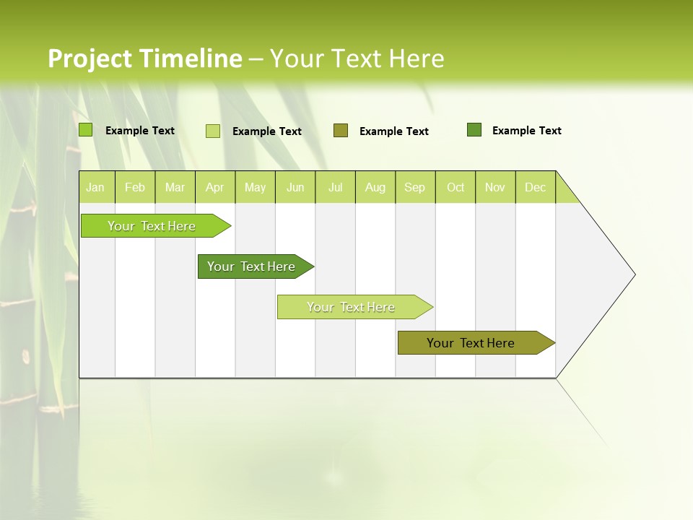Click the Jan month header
pyautogui.click(x=96, y=187)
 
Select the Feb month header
pyautogui.click(x=135, y=187)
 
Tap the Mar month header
pyautogui.click(x=175, y=187)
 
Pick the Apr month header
pyautogui.click(x=215, y=187)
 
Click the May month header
pyautogui.click(x=255, y=187)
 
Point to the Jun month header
pyautogui.click(x=295, y=187)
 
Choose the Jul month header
pyautogui.click(x=335, y=187)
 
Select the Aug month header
pyautogui.click(x=375, y=187)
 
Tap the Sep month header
pyautogui.click(x=415, y=187)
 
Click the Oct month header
pyautogui.click(x=456, y=187)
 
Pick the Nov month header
pyautogui.click(x=495, y=187)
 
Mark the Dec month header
pyautogui.click(x=535, y=187)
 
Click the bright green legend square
pyautogui.click(x=86, y=130)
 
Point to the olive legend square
pyautogui.click(x=341, y=131)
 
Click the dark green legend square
pyautogui.click(x=474, y=130)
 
